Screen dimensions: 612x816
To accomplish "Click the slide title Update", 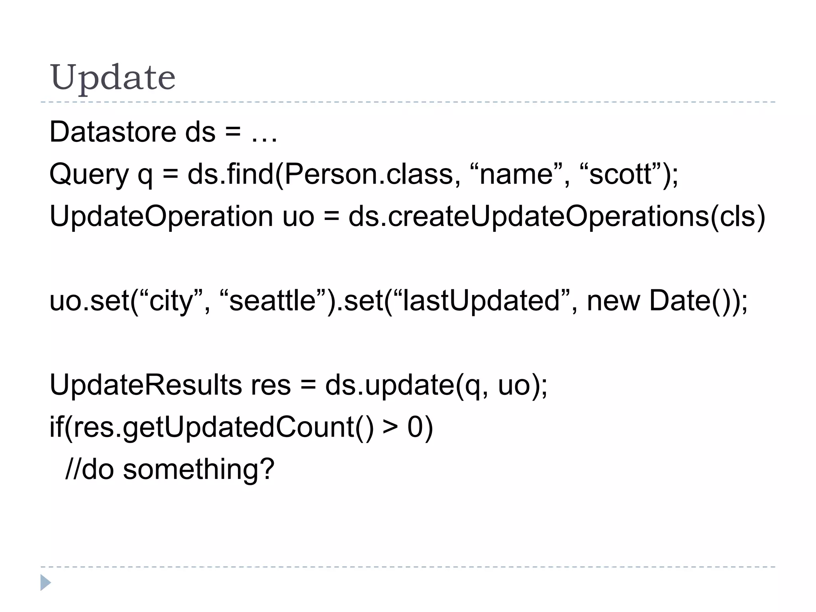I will tap(112, 77).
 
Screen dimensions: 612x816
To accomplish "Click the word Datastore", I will tap(113, 132).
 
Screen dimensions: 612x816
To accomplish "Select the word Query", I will tap(89, 175).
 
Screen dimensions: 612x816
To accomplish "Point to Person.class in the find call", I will tap(369, 174).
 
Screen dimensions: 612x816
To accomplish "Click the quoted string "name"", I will tap(516, 174).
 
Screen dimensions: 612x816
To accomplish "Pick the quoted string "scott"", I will tap(620, 174).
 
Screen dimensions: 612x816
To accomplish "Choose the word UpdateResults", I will tap(145, 385).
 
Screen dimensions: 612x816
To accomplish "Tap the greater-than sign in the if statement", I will tap(390, 428).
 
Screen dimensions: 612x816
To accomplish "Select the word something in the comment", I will tap(198, 469).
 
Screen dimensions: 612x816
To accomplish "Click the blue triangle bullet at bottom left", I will tap(45, 583).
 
